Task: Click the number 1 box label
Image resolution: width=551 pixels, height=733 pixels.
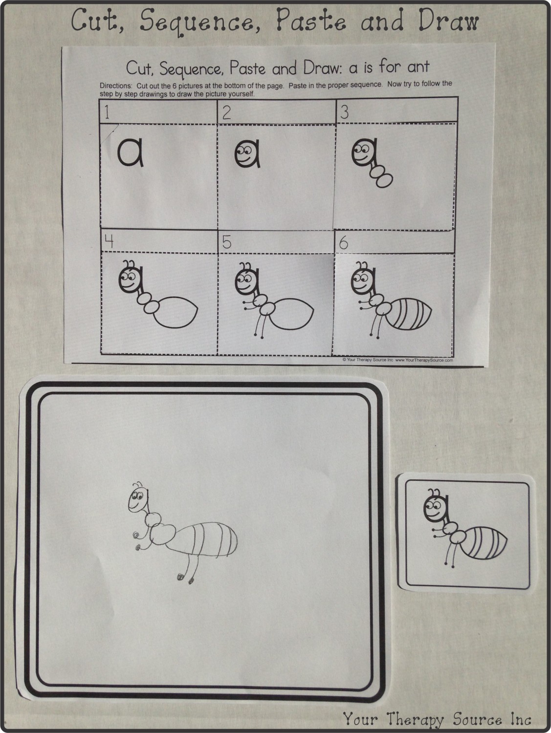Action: pos(107,113)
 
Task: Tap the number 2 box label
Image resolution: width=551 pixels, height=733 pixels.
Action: pos(226,113)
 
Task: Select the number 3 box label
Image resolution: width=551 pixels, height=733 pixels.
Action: pos(344,112)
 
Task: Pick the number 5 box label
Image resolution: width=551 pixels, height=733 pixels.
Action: pos(226,242)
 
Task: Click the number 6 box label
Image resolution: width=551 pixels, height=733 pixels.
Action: pos(344,242)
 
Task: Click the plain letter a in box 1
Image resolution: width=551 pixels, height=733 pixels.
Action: pos(130,153)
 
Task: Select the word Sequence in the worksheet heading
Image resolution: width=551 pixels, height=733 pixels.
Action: pos(189,68)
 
